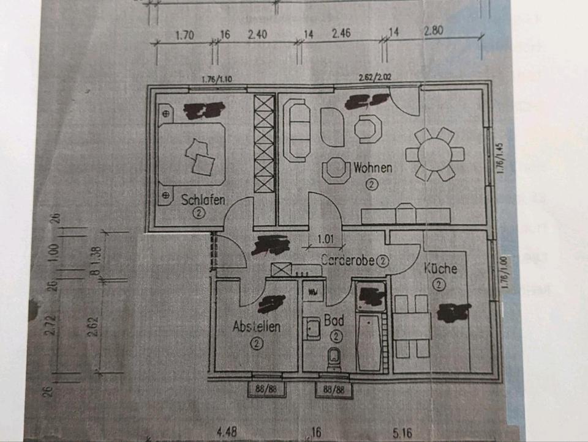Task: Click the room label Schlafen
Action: (203, 199)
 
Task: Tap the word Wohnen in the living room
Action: (372, 168)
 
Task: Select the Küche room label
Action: (440, 268)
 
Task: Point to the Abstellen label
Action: (257, 326)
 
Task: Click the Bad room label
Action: (334, 320)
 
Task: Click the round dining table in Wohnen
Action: (434, 154)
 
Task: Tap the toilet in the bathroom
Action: (334, 358)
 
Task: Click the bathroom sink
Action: (313, 329)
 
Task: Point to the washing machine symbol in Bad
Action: (313, 291)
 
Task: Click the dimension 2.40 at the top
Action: (257, 35)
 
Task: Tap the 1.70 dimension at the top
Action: (184, 35)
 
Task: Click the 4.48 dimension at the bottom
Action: (227, 433)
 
